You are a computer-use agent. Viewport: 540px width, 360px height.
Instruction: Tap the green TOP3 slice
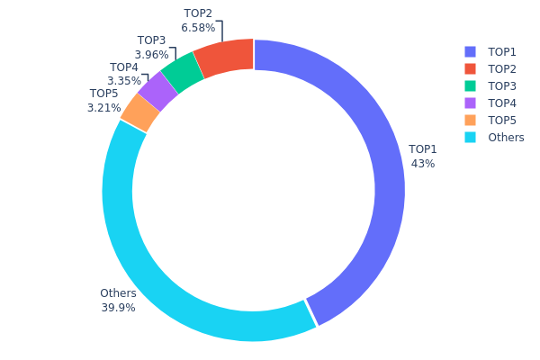pos(183,72)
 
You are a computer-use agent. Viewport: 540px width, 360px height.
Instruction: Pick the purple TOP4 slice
pos(157,90)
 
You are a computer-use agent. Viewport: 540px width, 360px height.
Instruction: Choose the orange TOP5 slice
pos(140,112)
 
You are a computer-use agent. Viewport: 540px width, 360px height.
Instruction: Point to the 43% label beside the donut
pos(423,164)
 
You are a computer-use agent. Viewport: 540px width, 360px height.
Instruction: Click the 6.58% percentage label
pos(198,28)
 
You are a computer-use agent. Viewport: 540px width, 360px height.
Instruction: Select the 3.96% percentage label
pos(151,55)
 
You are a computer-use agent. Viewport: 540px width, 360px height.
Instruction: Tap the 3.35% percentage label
pos(124,82)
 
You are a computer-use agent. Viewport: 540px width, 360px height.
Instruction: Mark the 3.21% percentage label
pos(104,108)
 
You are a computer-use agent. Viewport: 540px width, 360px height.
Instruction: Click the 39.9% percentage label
pos(119,308)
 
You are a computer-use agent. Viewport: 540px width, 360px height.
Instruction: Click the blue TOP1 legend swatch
pos(470,52)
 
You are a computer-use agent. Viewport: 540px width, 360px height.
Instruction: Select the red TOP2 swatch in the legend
pos(470,69)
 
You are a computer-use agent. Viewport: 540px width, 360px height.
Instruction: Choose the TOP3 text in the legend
pos(502,86)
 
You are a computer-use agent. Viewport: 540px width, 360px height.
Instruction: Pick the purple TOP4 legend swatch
pos(470,103)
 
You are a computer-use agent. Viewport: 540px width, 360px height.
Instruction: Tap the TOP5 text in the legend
pos(502,121)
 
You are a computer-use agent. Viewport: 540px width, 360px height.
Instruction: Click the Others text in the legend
pos(506,138)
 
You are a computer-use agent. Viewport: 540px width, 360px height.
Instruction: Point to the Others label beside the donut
pos(119,293)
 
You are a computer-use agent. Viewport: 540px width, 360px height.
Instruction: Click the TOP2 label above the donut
pos(198,13)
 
